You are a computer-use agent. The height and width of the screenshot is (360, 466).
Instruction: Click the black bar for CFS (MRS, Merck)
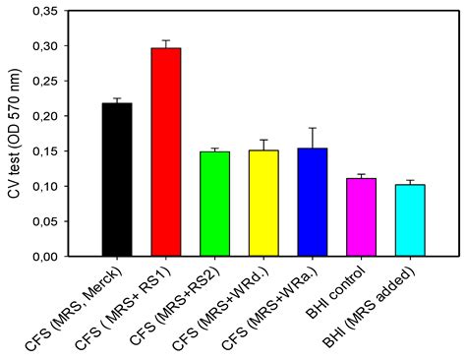[117, 179]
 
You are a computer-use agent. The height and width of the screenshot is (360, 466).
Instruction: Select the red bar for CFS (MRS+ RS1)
[166, 151]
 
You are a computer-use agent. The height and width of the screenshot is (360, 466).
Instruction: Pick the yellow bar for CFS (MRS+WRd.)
[263, 203]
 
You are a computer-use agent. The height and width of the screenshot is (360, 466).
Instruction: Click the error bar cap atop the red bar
[166, 40]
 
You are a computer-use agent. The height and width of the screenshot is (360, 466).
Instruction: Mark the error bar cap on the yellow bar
[263, 140]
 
